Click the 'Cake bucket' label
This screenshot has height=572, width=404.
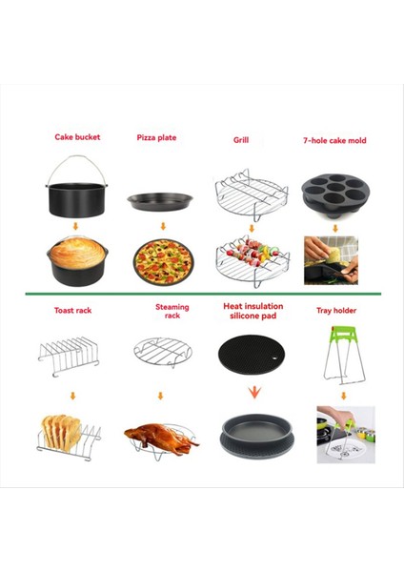tap(77, 137)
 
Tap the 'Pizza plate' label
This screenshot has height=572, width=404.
tap(158, 137)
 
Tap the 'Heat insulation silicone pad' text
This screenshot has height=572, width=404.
tap(252, 312)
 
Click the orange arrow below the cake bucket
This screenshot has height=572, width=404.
tap(76, 227)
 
